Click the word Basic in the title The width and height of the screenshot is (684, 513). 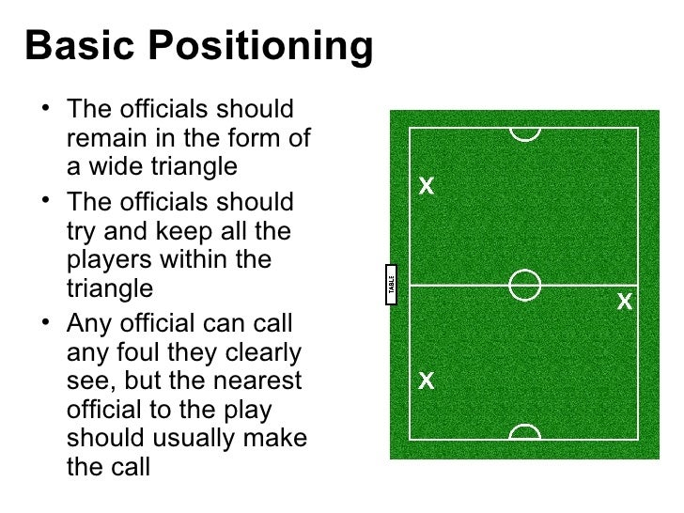[x=78, y=47]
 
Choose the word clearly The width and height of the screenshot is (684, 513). [x=257, y=353]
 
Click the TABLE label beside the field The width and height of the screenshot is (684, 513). [x=392, y=285]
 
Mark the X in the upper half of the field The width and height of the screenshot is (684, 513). [x=426, y=186]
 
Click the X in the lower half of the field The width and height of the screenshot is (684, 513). [x=426, y=381]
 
